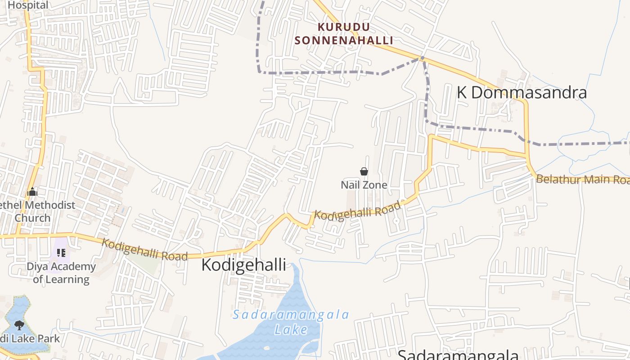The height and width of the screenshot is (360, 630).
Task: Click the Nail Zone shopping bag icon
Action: pos(364,171)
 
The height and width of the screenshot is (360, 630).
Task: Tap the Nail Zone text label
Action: pos(364,185)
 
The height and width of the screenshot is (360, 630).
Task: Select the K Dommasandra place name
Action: pos(522,92)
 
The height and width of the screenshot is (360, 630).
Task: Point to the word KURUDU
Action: pos(344,27)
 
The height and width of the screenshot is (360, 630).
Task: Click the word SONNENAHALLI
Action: pos(344,40)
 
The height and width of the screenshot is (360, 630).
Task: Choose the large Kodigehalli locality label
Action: pos(243,265)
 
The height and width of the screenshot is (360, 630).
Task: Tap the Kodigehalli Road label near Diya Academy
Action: pos(144,249)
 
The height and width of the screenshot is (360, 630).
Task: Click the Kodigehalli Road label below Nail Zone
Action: pos(357,211)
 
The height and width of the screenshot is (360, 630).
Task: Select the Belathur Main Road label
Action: pos(582,179)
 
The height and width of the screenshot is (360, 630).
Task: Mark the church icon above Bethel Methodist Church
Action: pos(32,192)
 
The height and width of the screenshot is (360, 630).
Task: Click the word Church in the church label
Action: pos(32,218)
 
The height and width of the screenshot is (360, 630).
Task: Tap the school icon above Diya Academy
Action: pos(61,253)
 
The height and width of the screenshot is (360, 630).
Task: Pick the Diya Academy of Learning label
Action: pos(61,273)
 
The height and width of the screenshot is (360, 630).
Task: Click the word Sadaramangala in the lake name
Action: pos(291,315)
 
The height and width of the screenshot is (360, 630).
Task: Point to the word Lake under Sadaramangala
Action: pos(291,329)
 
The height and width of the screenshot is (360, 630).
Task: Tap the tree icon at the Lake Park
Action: pos(19,325)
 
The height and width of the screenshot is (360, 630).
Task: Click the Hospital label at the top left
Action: pos(28,5)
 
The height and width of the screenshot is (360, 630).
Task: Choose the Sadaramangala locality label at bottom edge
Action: pos(458,355)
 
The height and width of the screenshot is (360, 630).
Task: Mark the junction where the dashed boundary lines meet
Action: pos(422,58)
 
